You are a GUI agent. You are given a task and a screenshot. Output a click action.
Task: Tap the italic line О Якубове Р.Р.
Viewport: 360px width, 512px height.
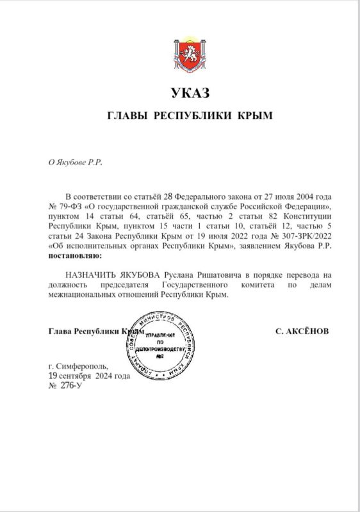click(x=75, y=162)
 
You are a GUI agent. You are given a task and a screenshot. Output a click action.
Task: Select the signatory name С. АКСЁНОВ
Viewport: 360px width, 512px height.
click(x=301, y=332)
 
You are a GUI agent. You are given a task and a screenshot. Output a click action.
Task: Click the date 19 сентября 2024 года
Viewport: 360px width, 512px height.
click(x=90, y=376)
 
